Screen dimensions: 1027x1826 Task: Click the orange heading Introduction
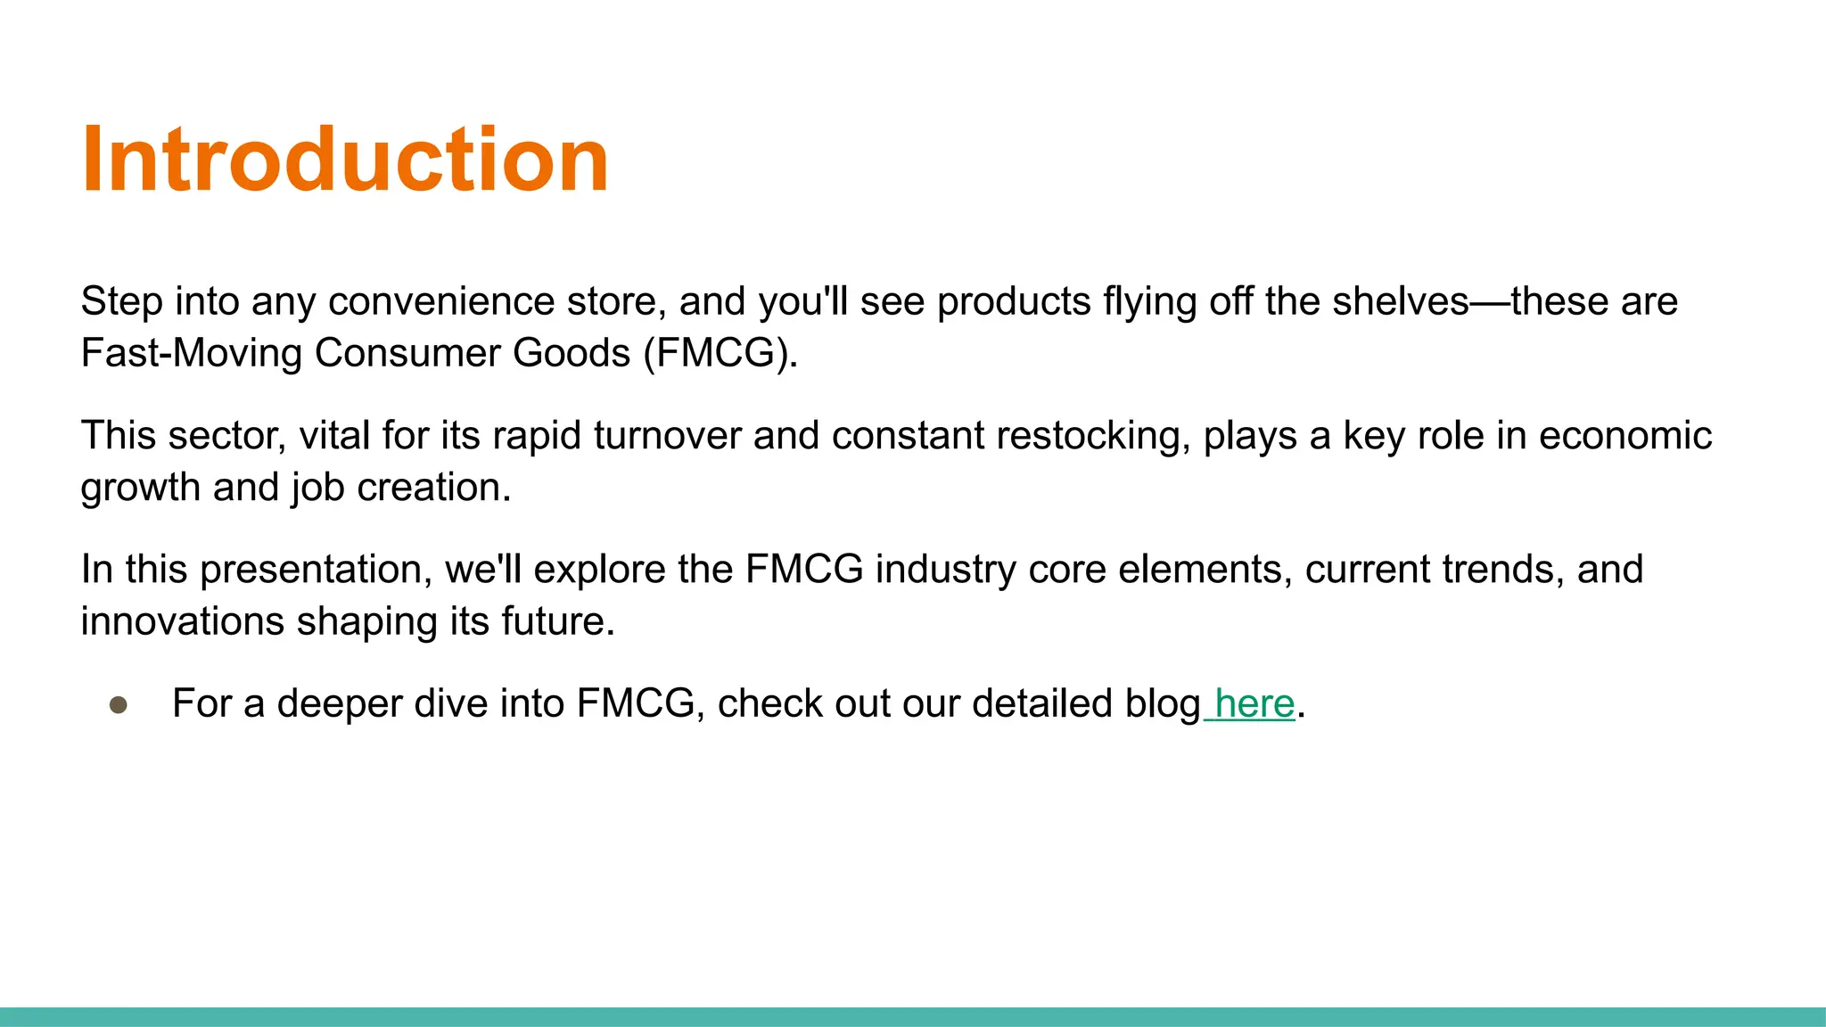click(x=345, y=160)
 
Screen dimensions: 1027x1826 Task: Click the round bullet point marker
click(x=119, y=705)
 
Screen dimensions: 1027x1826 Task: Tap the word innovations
click(x=183, y=621)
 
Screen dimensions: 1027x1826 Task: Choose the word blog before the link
click(x=1163, y=703)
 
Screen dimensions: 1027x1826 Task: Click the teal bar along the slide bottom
click(x=913, y=1016)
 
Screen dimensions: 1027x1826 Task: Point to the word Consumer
click(x=407, y=353)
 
